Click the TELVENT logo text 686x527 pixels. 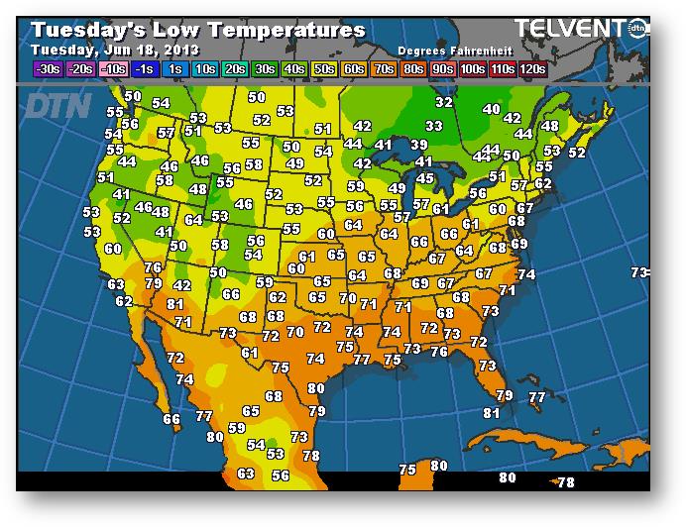[570, 30]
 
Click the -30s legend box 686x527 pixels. [47, 69]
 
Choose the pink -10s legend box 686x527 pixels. [114, 69]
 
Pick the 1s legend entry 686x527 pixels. [174, 69]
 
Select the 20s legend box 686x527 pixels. [235, 69]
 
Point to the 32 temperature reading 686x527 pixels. [444, 102]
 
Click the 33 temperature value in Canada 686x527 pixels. [434, 126]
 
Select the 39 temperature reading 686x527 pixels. [419, 145]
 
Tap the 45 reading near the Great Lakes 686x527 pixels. [425, 178]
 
